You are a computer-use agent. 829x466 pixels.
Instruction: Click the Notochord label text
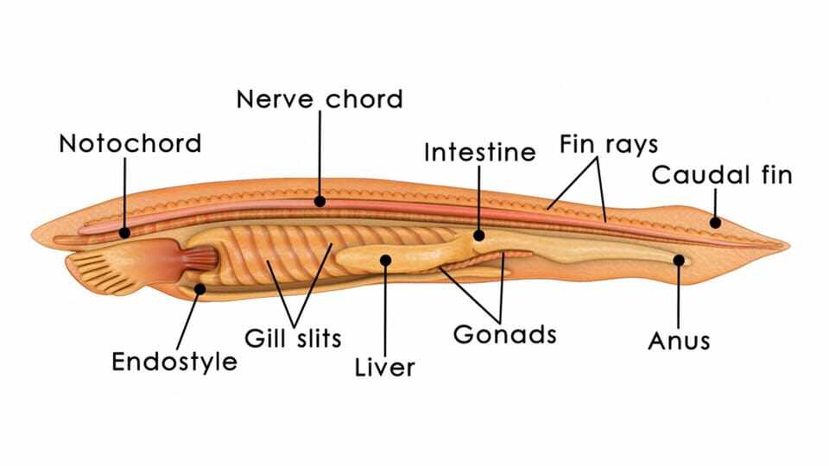(130, 143)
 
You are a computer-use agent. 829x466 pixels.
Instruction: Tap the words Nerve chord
(320, 99)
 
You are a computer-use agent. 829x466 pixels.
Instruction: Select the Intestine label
(479, 152)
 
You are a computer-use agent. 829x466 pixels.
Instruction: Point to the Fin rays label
(609, 144)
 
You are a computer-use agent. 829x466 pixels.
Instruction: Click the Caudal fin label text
(722, 175)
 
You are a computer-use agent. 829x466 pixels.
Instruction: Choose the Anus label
(679, 341)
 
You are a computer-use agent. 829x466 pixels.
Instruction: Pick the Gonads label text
(505, 335)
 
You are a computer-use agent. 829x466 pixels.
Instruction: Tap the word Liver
(385, 368)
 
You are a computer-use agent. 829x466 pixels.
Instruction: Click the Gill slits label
(293, 338)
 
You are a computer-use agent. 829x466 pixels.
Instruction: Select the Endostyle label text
(174, 362)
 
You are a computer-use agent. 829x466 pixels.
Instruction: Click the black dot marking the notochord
(124, 232)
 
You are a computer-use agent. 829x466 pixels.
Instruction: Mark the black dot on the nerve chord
(320, 201)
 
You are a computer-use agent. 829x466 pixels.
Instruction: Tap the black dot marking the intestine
(479, 235)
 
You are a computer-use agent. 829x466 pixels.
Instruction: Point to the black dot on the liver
(385, 260)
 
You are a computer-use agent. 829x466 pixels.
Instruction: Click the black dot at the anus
(679, 260)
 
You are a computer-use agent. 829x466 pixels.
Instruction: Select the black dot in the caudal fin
(715, 223)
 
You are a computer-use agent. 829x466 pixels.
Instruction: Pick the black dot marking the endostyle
(199, 288)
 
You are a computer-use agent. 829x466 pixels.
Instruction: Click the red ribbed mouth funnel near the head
(199, 259)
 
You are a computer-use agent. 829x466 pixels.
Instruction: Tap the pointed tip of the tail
(788, 245)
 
